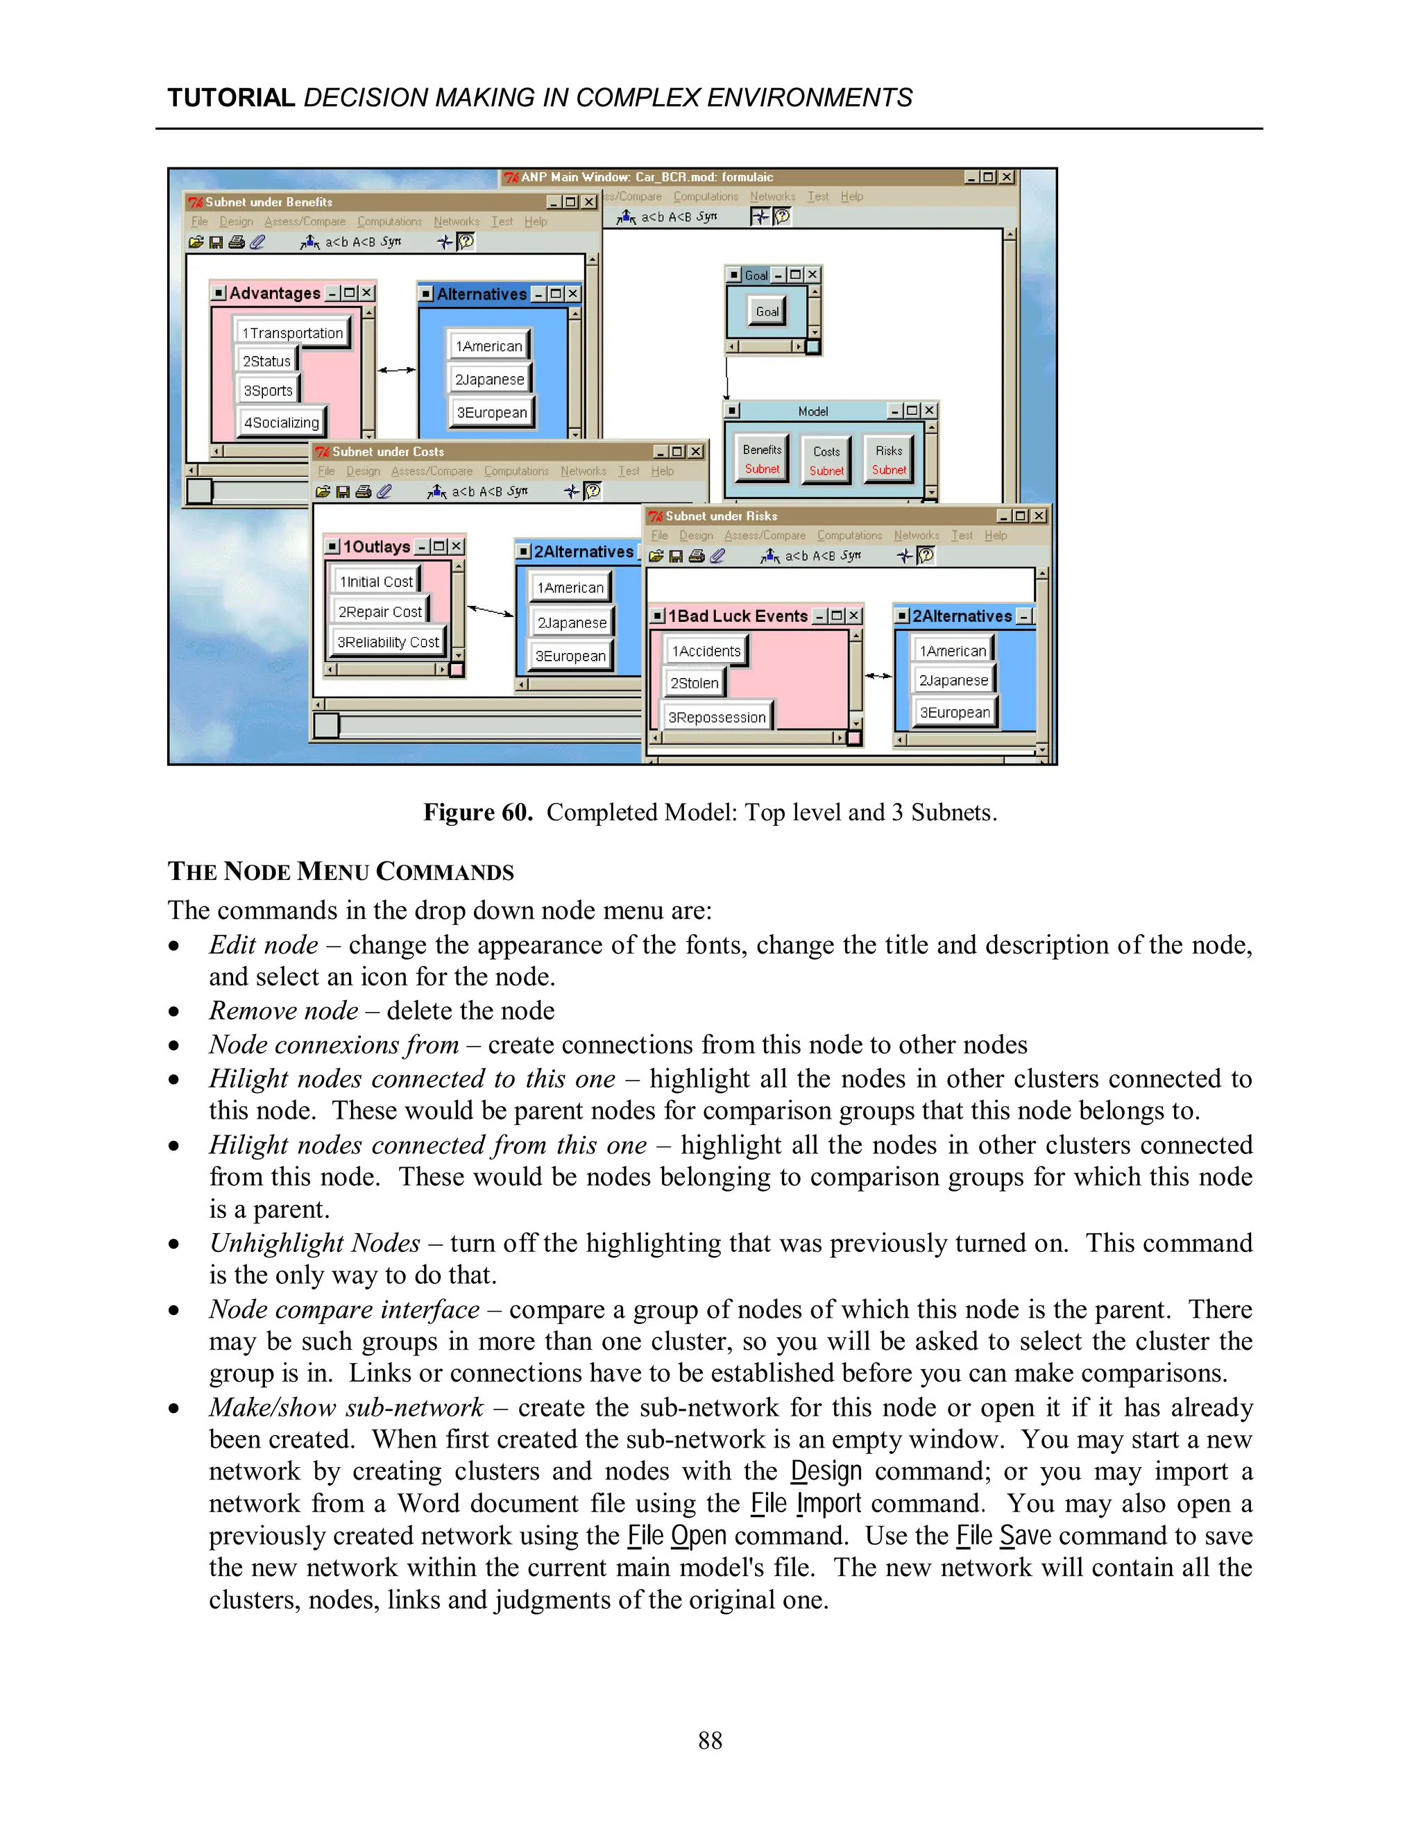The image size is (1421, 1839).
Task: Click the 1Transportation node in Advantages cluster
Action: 292,332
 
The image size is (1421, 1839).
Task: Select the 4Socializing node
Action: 281,422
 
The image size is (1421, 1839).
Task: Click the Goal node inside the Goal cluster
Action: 767,312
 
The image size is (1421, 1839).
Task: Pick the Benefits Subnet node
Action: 762,459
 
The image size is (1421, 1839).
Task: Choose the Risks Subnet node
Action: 889,459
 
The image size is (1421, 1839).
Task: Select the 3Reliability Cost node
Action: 388,642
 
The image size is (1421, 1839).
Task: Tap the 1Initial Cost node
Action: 376,582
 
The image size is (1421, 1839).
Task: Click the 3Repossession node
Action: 716,718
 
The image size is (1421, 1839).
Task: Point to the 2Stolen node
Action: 695,683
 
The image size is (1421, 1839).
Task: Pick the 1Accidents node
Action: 706,651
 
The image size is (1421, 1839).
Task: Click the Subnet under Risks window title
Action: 721,516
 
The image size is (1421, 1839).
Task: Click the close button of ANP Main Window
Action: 1007,178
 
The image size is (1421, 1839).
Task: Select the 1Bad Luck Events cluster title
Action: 738,616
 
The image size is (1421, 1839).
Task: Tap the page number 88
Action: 710,1740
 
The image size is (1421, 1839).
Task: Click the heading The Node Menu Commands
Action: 341,872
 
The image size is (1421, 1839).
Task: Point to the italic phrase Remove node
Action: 284,1010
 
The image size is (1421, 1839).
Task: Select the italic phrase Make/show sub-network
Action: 346,1407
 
